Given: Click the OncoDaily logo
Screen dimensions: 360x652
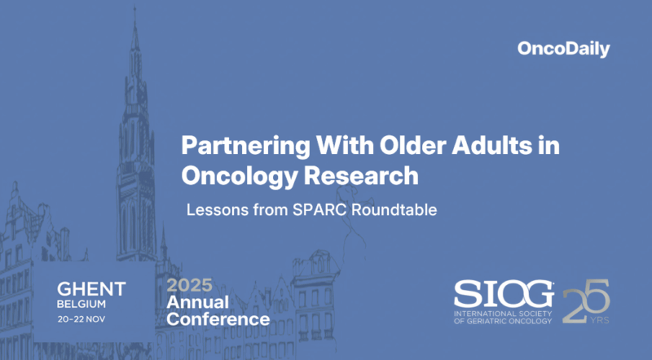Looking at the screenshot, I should (x=574, y=49).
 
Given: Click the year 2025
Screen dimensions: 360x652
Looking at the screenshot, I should (x=189, y=285).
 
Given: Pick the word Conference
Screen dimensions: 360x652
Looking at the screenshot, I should (x=218, y=319).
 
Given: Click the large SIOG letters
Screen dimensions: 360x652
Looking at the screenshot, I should (x=504, y=293).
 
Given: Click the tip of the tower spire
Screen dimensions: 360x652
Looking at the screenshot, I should (x=135, y=10).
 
